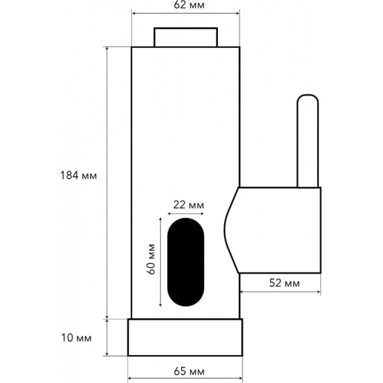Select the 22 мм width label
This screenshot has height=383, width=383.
click(187, 204)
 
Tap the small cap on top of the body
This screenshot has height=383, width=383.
click(186, 37)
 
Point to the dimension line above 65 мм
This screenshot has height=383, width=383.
click(185, 361)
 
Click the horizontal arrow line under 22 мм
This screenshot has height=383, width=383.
click(187, 213)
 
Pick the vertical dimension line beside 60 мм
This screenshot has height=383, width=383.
click(162, 262)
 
